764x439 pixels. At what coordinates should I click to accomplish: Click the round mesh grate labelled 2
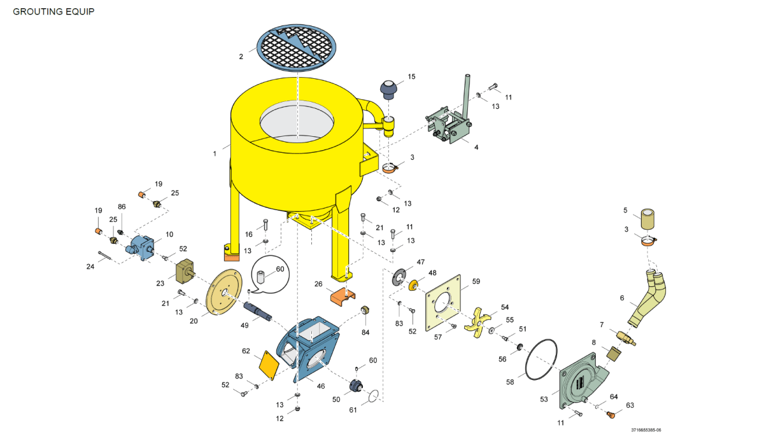(x=296, y=48)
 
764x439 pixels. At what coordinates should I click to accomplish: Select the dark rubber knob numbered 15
(x=389, y=88)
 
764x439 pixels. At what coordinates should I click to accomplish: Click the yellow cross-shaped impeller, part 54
(x=478, y=319)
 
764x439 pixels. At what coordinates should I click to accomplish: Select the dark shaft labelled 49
(x=258, y=311)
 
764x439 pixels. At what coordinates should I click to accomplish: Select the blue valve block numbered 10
(x=141, y=246)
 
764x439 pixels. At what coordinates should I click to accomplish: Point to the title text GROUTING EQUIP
(x=53, y=11)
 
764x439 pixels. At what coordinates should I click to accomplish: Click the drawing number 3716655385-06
(x=647, y=431)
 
